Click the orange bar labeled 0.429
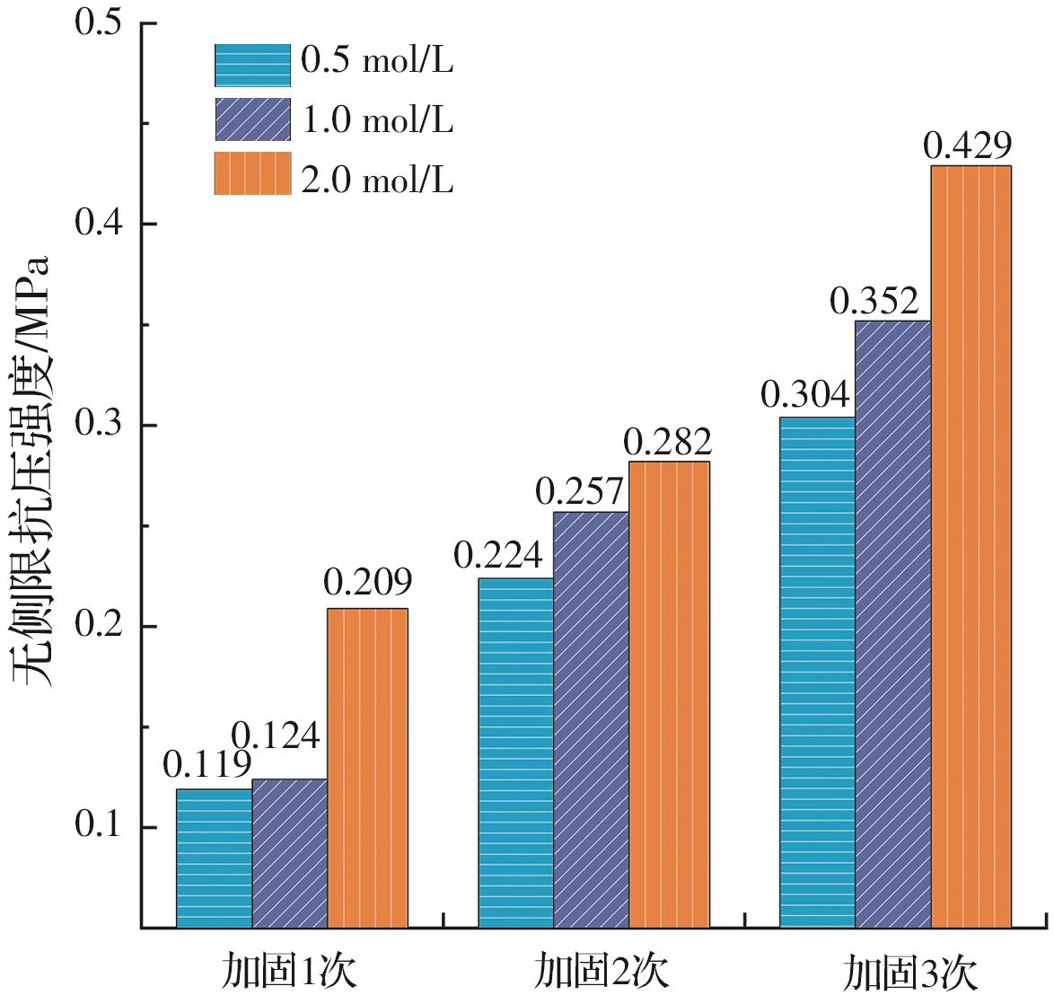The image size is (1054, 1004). coord(971,546)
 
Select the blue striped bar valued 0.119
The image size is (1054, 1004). coord(214,858)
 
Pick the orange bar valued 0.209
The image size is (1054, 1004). coord(367,768)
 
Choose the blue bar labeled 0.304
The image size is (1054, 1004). coord(817,672)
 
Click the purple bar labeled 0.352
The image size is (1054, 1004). coord(892,623)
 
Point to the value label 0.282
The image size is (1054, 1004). coord(668,442)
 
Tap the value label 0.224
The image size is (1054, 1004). coord(498,558)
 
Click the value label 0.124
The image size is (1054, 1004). coord(275,736)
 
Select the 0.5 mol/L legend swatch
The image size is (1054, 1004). coord(252,63)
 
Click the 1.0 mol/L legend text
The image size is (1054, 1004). coord(377,120)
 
